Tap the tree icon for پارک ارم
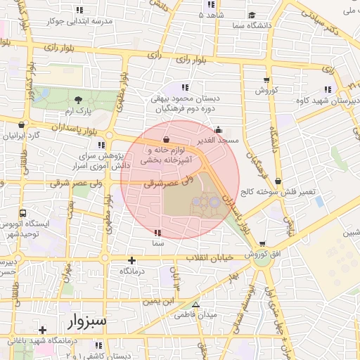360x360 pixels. pyautogui.click(x=77, y=100)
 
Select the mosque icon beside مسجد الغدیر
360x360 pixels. pyautogui.click(x=218, y=130)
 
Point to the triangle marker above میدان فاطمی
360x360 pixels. pyautogui.click(x=195, y=305)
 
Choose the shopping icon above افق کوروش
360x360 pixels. pyautogui.click(x=264, y=244)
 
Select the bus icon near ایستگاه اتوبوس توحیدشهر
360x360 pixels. pyautogui.click(x=23, y=213)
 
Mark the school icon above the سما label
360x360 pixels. pyautogui.click(x=157, y=232)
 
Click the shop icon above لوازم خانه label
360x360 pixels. pyautogui.click(x=166, y=139)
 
